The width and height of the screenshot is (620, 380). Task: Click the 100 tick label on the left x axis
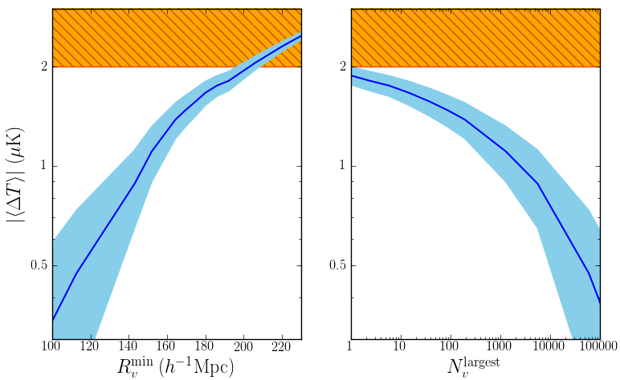click(x=51, y=346)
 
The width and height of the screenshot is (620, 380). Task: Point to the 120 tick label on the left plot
click(x=90, y=346)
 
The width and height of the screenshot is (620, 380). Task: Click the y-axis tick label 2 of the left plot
click(x=43, y=67)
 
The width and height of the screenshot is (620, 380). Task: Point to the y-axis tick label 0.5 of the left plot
click(x=37, y=265)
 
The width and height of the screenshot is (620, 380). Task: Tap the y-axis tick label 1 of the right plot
click(x=341, y=166)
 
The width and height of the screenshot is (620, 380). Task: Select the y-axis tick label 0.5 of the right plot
click(x=336, y=265)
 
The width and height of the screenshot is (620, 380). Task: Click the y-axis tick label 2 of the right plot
click(x=341, y=67)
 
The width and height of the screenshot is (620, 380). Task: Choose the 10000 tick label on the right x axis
click(x=550, y=346)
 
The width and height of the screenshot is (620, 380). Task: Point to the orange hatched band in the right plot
click(x=475, y=38)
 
